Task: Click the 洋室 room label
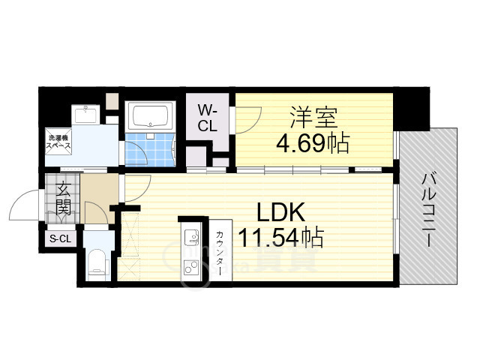click(313, 118)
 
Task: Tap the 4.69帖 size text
click(313, 143)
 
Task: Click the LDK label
click(280, 212)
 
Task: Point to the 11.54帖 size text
click(280, 237)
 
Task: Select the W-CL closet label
click(208, 118)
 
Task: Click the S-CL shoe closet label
click(60, 238)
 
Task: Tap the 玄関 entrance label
click(64, 198)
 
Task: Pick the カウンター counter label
click(220, 253)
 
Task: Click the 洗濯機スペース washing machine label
click(58, 142)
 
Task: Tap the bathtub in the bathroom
click(150, 116)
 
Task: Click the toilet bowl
click(97, 264)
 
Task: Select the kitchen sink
click(192, 238)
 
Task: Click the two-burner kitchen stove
click(192, 267)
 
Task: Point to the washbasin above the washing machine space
click(86, 115)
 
